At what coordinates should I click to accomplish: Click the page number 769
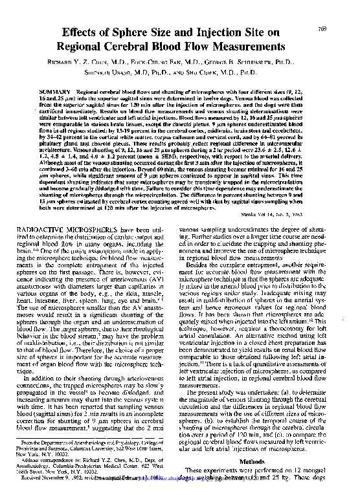tap(339, 28)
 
